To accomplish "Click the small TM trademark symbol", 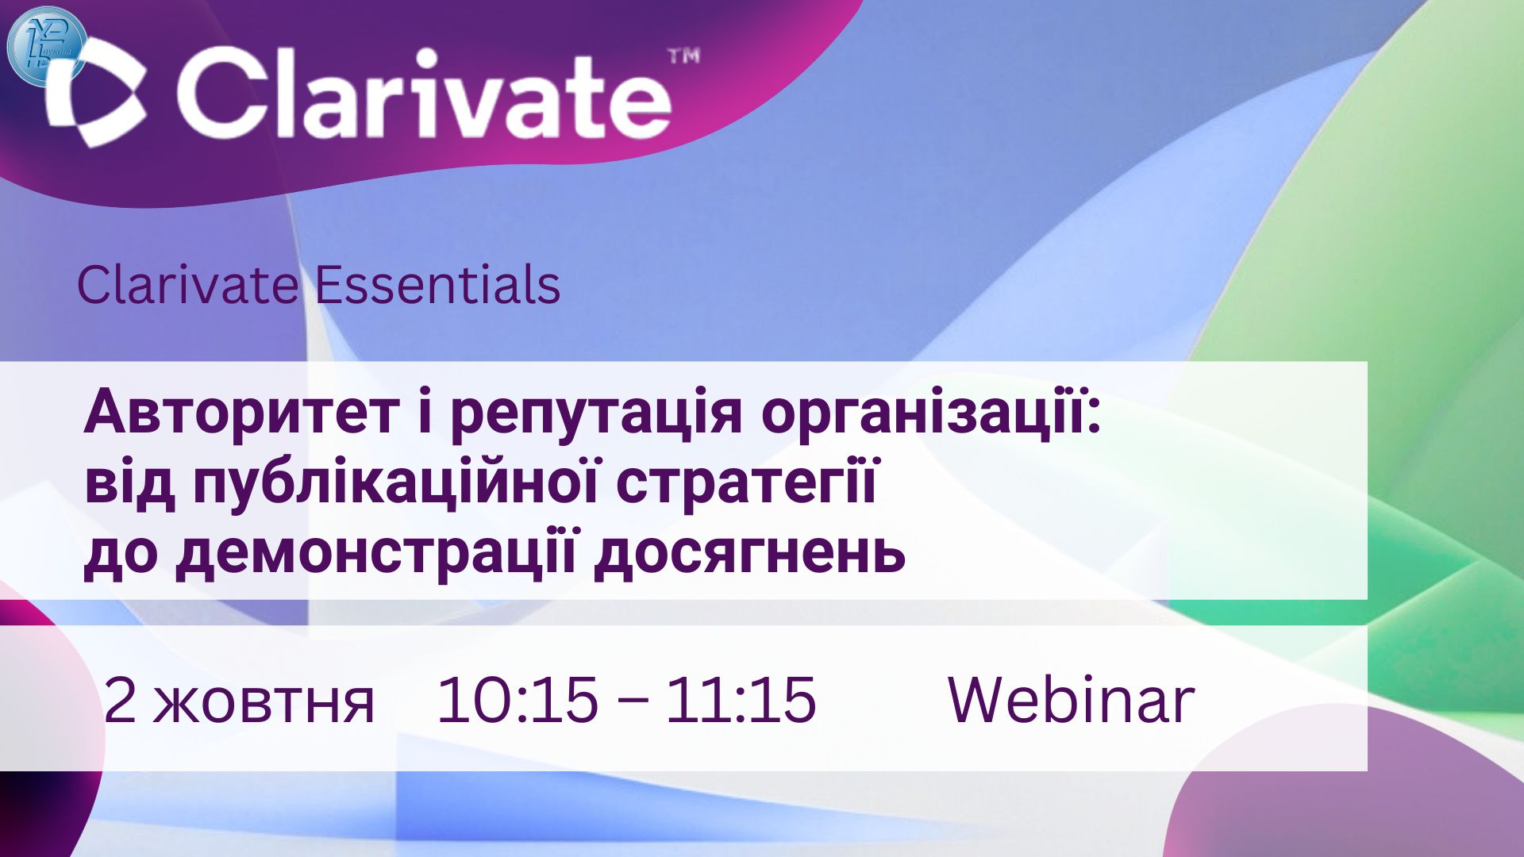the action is [x=683, y=56].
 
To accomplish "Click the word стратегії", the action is [x=746, y=485].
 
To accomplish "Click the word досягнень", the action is [x=750, y=553].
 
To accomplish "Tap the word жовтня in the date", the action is [x=263, y=702].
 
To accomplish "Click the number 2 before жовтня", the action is [x=120, y=700].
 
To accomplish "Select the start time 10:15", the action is [x=517, y=700].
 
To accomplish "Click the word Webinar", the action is [x=1072, y=700].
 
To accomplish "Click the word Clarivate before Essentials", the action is [x=187, y=286].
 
